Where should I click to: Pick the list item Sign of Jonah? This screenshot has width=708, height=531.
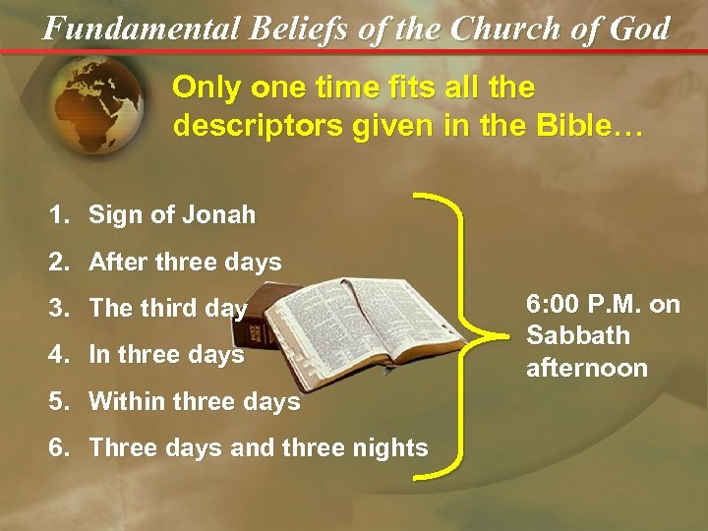(x=172, y=214)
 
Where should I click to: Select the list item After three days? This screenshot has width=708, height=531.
(x=185, y=262)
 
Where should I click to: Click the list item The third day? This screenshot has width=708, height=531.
(x=167, y=308)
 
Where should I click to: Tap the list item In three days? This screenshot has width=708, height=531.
(x=166, y=354)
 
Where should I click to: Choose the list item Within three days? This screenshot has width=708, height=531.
(x=194, y=401)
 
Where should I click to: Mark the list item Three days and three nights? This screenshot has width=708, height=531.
(x=259, y=447)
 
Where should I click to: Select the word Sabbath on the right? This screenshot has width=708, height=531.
(x=578, y=335)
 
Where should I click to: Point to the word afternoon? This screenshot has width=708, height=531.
(x=587, y=368)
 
